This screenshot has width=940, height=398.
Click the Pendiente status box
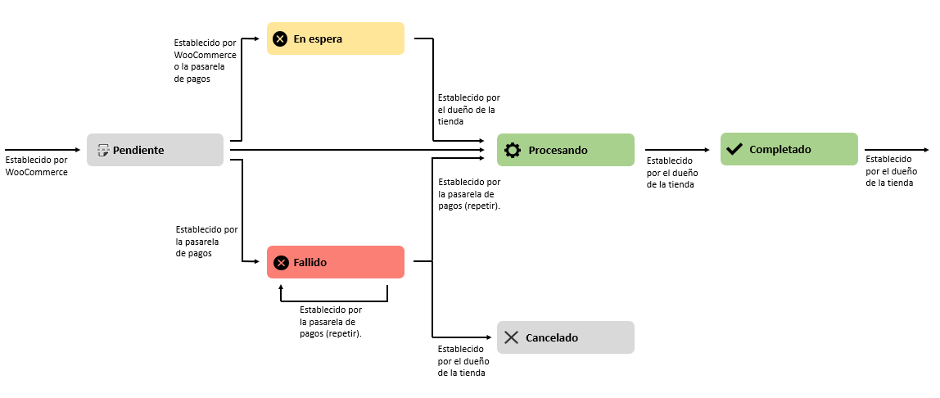click(x=155, y=150)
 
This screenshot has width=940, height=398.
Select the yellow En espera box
click(x=336, y=38)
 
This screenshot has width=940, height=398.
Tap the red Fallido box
click(x=336, y=262)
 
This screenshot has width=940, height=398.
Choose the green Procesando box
click(x=565, y=150)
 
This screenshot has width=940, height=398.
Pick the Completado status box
click(x=789, y=149)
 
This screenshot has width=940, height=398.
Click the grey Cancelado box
click(x=565, y=337)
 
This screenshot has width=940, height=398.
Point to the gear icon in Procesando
click(x=513, y=150)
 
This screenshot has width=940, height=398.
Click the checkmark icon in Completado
click(x=734, y=149)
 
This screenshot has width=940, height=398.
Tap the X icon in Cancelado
click(x=512, y=337)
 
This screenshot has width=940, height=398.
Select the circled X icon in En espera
click(x=280, y=38)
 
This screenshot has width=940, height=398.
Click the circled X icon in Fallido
click(x=281, y=262)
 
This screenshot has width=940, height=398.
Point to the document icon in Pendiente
click(x=103, y=150)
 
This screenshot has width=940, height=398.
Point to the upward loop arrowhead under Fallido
click(x=281, y=287)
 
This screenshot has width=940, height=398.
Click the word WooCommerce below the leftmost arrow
click(x=36, y=172)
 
